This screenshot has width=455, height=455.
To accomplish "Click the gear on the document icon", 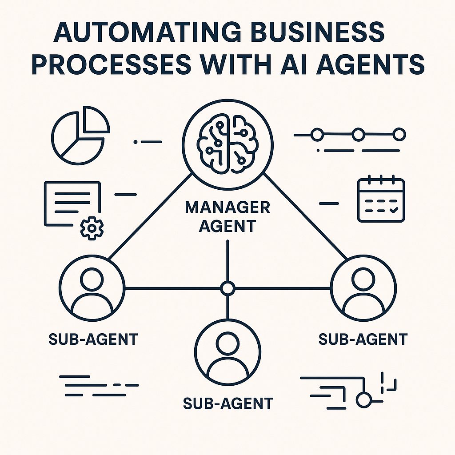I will pos(92,227).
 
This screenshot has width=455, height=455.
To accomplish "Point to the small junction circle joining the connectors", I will pos(227,288).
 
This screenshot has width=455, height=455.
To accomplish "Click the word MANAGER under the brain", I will pos(227,208).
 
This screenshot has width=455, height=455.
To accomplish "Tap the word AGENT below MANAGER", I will pos(227,226).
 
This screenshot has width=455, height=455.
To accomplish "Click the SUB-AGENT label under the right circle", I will pos(363,340).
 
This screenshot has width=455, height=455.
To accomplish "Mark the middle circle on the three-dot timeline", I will pos(358,134).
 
